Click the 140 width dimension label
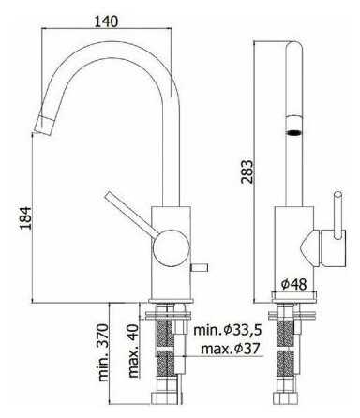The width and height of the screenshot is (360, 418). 106,21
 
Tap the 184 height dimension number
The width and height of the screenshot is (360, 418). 26,217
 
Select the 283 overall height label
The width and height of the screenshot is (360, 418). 247,172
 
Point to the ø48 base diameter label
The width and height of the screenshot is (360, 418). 293,284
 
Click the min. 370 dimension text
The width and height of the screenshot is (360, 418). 103,352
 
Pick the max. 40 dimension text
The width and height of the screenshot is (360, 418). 133,351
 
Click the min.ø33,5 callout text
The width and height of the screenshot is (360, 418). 227,330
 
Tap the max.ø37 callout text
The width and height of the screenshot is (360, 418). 231,349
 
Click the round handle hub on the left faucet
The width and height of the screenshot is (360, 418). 172,248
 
